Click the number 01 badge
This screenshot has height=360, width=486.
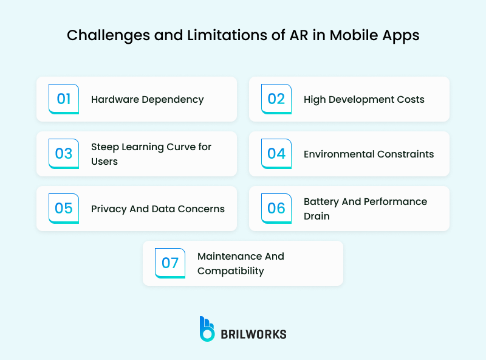click(x=64, y=99)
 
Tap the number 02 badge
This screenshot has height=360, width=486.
click(x=276, y=99)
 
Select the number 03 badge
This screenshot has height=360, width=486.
click(x=64, y=154)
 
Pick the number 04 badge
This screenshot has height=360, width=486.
click(x=276, y=154)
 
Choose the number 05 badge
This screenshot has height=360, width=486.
click(x=64, y=209)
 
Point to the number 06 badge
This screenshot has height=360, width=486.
click(x=276, y=209)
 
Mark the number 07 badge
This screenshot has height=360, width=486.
click(x=170, y=263)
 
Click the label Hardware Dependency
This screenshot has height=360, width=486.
click(x=147, y=99)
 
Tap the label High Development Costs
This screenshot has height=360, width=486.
click(x=364, y=99)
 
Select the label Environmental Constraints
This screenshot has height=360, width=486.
click(x=369, y=154)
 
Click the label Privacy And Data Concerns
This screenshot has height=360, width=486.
click(x=158, y=209)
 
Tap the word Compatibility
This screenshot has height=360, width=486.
click(x=230, y=271)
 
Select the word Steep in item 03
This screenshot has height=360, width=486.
click(x=104, y=147)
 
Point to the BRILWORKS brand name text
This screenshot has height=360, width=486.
click(x=253, y=334)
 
